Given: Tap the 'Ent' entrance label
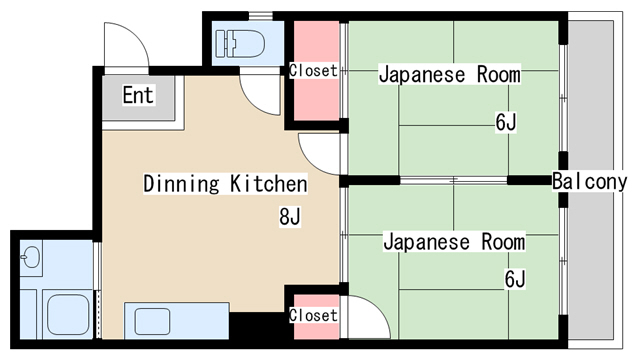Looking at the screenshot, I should pyautogui.click(x=138, y=96).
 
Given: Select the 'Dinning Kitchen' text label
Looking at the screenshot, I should pyautogui.click(x=225, y=184).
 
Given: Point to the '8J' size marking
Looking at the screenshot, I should pyautogui.click(x=290, y=215).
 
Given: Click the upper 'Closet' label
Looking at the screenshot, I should pyautogui.click(x=313, y=71).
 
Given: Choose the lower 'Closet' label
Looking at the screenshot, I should pyautogui.click(x=313, y=315).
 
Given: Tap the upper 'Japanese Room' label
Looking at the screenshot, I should pyautogui.click(x=449, y=75).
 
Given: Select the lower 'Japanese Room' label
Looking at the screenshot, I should pyautogui.click(x=454, y=243).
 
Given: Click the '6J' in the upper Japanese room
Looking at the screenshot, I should pyautogui.click(x=505, y=123).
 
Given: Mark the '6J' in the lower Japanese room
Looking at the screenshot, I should pyautogui.click(x=514, y=278).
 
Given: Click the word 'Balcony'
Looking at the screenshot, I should pyautogui.click(x=589, y=182).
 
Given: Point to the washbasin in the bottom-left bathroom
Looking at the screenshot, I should pyautogui.click(x=29, y=259).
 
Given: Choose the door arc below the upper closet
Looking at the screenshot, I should pyautogui.click(x=320, y=155).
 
